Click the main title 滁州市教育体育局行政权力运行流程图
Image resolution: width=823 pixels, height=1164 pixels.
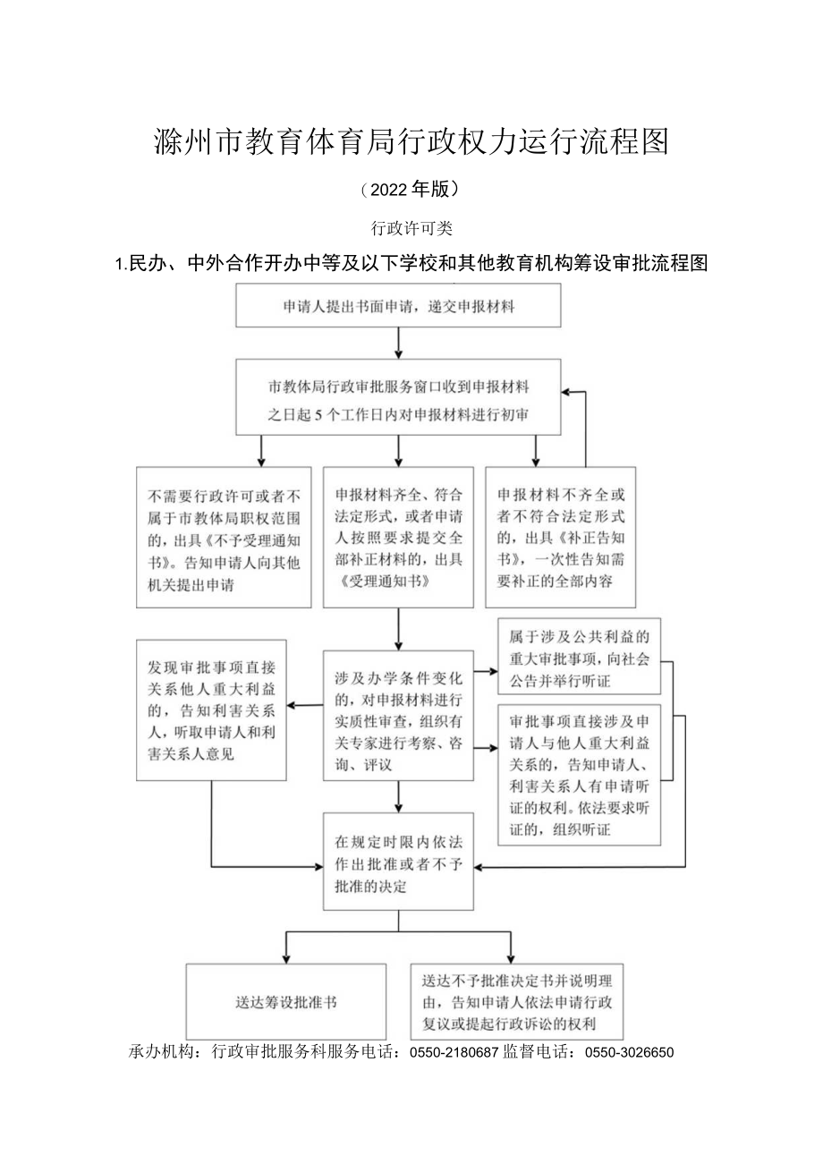(x=411, y=141)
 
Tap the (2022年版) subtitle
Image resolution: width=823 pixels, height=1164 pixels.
(x=411, y=189)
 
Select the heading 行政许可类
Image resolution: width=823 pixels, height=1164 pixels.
(x=411, y=229)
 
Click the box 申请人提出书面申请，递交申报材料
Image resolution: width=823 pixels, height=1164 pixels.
(x=398, y=306)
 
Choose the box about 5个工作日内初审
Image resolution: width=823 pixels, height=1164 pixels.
(x=398, y=399)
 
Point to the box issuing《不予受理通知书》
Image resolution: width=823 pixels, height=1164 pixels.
(x=224, y=538)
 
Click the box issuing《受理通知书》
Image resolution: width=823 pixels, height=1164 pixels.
(x=398, y=538)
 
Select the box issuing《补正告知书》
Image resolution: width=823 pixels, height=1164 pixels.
(x=560, y=538)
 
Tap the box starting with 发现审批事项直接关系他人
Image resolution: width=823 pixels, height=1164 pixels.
(x=211, y=710)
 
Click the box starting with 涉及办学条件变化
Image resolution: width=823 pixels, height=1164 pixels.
(x=398, y=716)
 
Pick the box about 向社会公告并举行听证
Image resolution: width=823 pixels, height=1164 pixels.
(x=579, y=657)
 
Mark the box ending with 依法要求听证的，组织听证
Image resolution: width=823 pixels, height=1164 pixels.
(x=579, y=774)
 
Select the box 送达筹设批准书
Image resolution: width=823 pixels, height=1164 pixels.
(x=286, y=1002)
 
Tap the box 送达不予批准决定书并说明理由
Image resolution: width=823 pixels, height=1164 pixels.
(x=517, y=1002)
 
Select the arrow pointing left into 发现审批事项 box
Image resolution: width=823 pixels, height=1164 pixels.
(x=304, y=705)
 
